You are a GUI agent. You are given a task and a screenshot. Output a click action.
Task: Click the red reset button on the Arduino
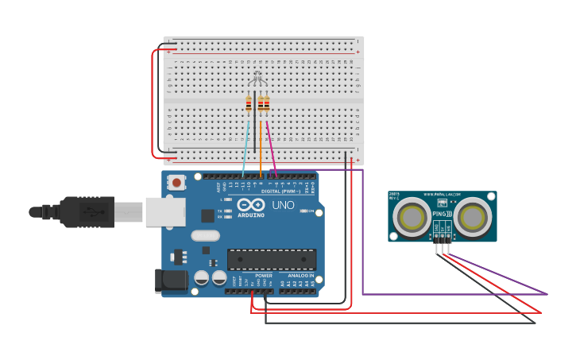click(176, 183)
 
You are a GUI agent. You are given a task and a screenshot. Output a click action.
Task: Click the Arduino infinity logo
click(250, 203)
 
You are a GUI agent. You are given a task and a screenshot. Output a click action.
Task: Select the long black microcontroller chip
click(272, 259)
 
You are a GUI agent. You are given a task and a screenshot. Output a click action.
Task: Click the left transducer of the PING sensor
click(412, 216)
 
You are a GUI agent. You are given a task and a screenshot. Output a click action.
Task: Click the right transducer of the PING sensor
click(474, 216)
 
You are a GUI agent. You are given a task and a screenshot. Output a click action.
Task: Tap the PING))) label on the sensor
click(443, 214)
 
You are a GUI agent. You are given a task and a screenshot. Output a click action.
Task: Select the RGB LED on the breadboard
click(257, 79)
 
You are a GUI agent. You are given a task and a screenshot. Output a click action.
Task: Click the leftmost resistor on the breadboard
click(249, 103)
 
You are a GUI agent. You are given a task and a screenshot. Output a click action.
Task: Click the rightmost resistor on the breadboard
click(267, 103)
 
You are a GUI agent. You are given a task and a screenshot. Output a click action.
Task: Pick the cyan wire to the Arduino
click(246, 147)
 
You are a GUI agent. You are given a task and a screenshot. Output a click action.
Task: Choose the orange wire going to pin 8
click(261, 147)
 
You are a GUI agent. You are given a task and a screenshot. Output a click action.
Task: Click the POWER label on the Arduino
click(263, 276)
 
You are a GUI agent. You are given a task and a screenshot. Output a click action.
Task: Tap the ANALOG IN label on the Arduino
click(300, 276)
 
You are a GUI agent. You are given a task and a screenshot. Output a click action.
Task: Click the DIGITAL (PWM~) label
click(270, 192)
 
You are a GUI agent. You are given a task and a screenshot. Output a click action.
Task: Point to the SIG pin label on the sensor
click(448, 228)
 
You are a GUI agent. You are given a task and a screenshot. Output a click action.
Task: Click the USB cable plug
click(87, 212)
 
